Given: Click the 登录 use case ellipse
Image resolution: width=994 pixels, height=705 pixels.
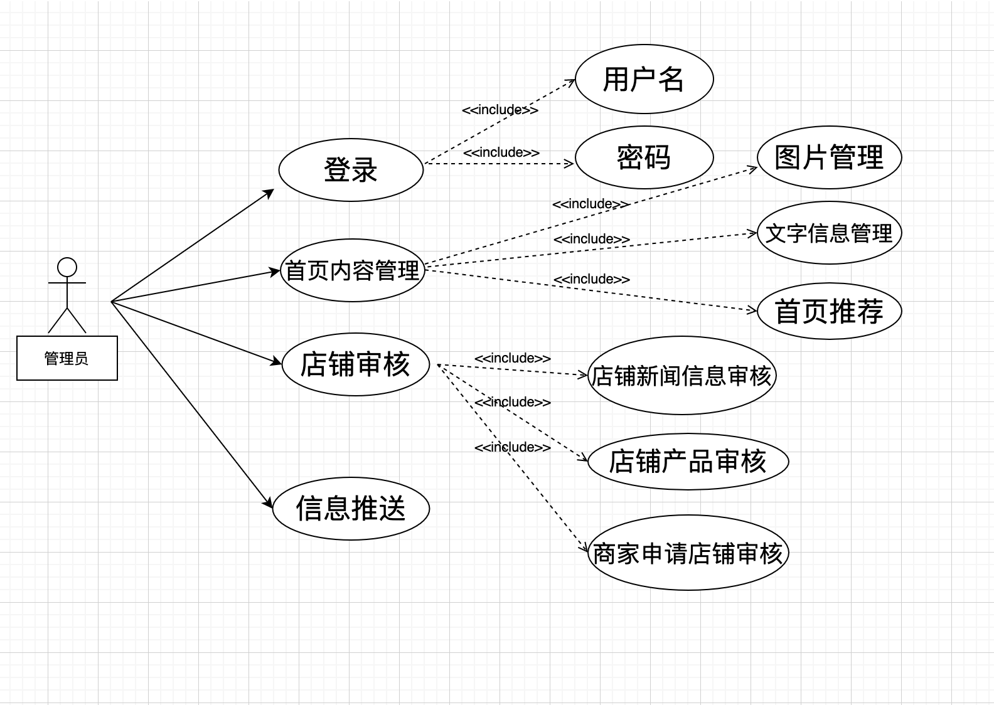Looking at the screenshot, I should [x=351, y=170].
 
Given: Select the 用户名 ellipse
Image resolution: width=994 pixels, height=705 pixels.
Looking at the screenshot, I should [x=644, y=79].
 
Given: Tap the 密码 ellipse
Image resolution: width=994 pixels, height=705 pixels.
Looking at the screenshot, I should [x=644, y=157].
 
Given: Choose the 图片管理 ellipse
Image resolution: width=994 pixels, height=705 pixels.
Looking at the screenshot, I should [x=829, y=157].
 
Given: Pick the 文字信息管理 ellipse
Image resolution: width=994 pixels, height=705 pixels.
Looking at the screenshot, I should [x=829, y=233].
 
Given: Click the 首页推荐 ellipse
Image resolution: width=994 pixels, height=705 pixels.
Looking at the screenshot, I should [x=829, y=311].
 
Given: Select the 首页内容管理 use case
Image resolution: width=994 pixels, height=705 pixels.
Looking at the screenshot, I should [x=352, y=270].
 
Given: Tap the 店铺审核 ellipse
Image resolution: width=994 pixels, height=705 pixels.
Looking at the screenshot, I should [x=355, y=364].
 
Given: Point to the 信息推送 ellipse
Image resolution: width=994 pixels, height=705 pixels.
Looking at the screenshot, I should [x=351, y=508].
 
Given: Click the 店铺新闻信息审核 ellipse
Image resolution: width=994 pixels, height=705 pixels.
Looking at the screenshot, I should [x=681, y=376].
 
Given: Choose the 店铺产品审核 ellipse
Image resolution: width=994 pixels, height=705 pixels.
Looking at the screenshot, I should [x=688, y=462].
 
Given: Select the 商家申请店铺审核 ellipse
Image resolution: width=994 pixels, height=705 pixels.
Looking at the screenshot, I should [x=688, y=553].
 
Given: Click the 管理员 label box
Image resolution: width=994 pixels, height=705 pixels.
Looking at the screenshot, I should [x=67, y=358].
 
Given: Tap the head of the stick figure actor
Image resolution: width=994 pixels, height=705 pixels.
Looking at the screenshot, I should [x=67, y=268].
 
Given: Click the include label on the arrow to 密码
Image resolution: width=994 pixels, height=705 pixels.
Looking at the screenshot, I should [x=501, y=152].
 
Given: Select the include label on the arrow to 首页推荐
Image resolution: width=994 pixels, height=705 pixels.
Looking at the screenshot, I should [x=592, y=279].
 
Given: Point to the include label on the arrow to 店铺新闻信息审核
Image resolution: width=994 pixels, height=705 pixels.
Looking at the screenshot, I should [x=513, y=358].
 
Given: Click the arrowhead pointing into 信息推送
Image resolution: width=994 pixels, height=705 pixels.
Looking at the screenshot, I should [x=269, y=504].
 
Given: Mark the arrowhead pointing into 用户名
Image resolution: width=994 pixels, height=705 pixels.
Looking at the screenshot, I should [x=572, y=82].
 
